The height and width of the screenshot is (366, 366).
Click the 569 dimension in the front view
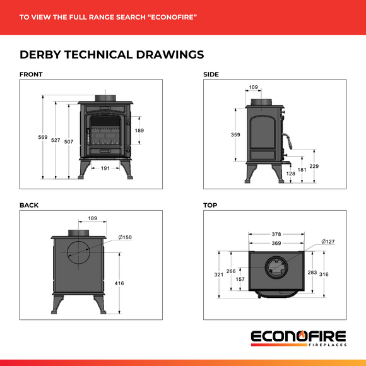43,137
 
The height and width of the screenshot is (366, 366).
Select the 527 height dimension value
56,140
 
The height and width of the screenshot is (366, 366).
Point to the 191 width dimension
106,168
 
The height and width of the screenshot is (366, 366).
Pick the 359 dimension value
235,135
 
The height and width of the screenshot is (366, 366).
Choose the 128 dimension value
290,173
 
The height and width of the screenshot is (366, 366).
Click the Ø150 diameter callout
124,237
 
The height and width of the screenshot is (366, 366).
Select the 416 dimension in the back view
120,283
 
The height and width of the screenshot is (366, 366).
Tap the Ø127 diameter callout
328,241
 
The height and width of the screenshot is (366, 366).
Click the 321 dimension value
218,275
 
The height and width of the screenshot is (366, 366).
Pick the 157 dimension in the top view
240,278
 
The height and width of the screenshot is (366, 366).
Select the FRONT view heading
31,74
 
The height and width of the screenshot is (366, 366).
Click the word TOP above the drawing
210,205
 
